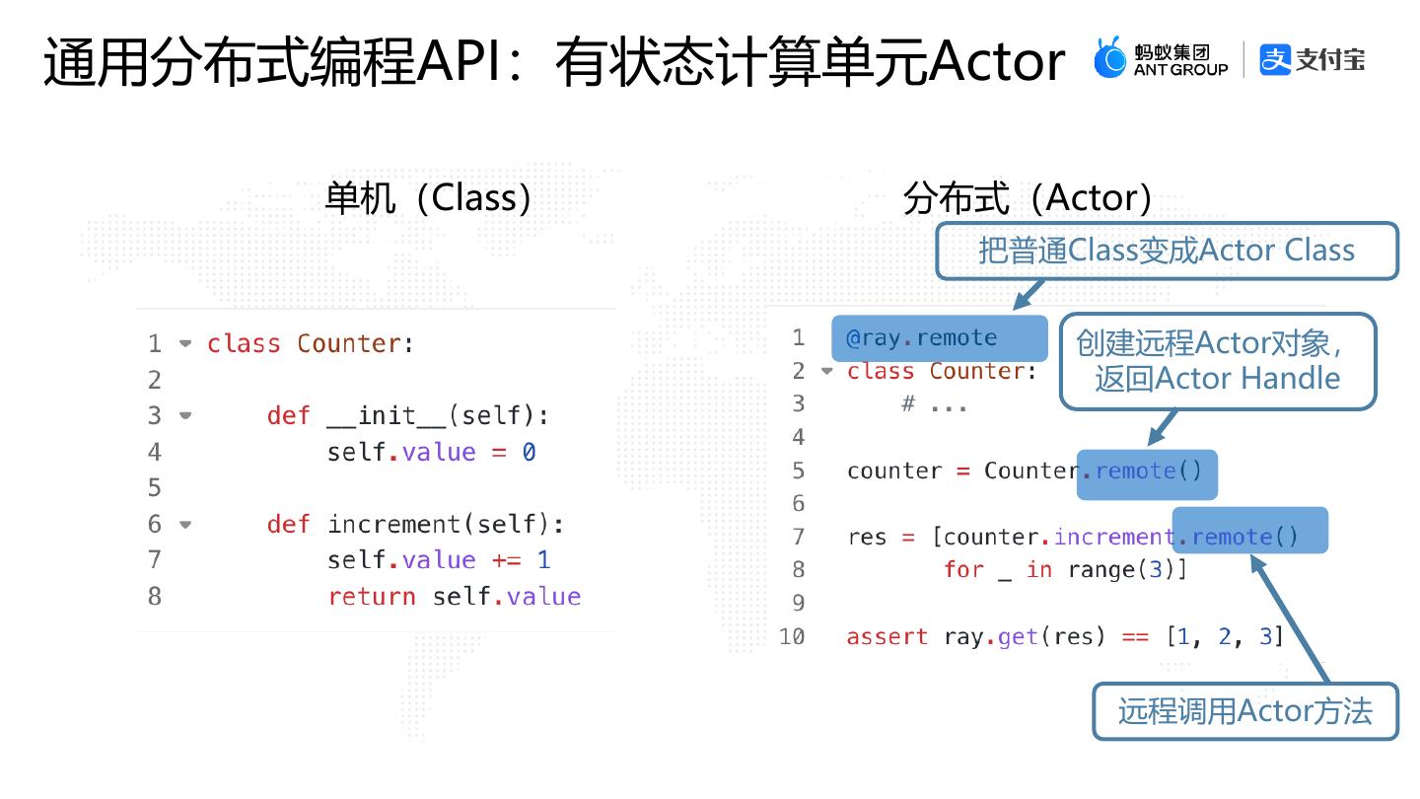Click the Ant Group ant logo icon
(x=1110, y=58)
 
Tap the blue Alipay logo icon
(x=1275, y=59)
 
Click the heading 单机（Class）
(x=429, y=198)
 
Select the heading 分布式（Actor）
(x=1029, y=198)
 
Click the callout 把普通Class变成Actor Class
(x=1167, y=251)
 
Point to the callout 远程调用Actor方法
(x=1244, y=711)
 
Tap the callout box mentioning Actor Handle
(x=1217, y=361)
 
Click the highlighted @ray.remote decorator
(x=922, y=338)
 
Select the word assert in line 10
(x=887, y=637)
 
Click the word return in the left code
(x=371, y=597)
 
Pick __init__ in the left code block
(x=387, y=416)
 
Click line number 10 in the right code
(x=792, y=637)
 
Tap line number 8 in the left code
(x=154, y=597)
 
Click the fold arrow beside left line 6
(x=185, y=525)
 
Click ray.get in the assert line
(x=990, y=637)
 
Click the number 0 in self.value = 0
(x=529, y=453)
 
